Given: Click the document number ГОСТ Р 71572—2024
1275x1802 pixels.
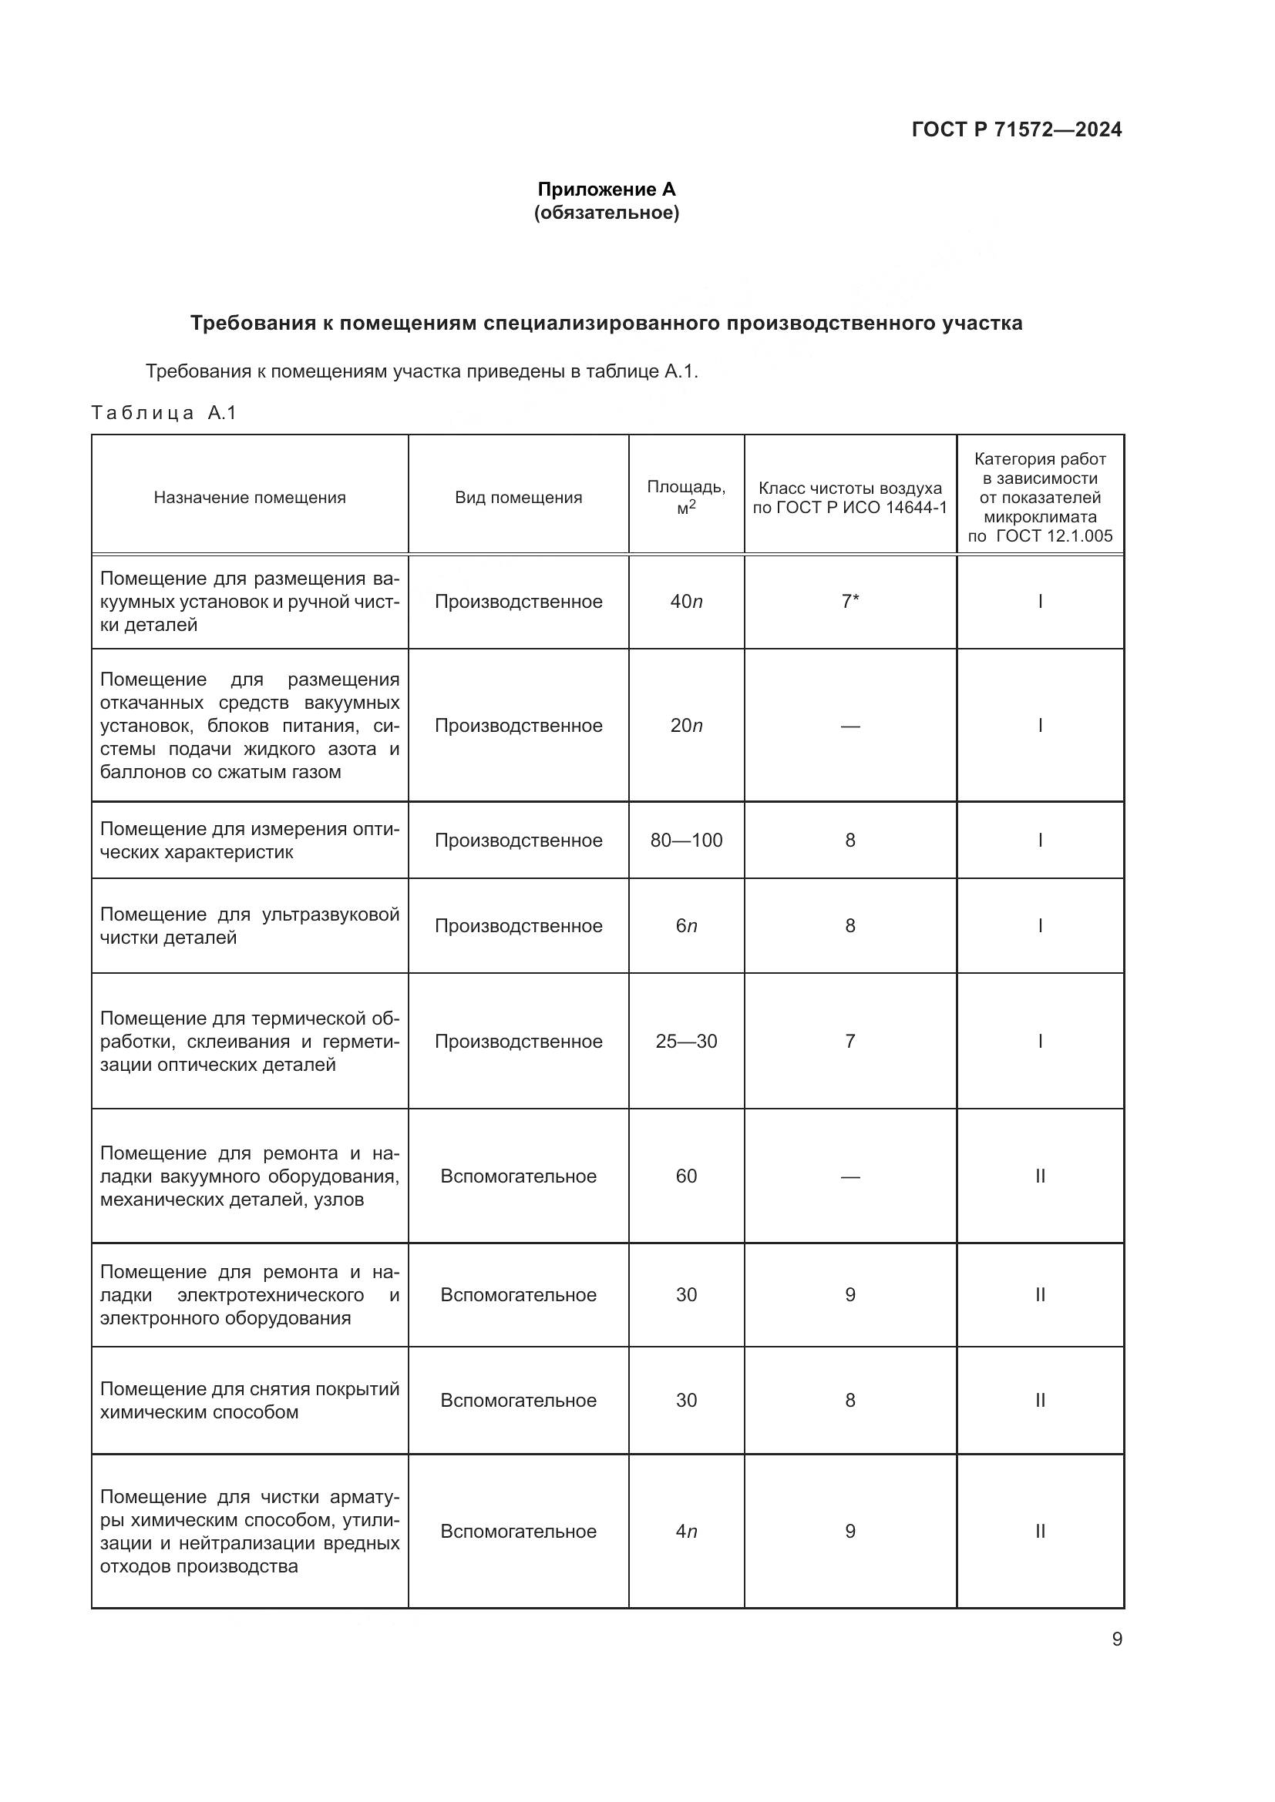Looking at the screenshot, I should [x=1017, y=129].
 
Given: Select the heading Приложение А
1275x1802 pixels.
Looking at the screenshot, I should [x=606, y=190].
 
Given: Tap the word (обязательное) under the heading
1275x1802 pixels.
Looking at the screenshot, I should [x=606, y=213].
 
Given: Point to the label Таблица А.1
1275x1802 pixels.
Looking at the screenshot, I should [x=164, y=413].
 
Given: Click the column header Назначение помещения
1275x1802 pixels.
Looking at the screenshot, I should [x=250, y=498].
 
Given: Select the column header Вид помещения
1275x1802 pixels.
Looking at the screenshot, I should [x=518, y=498].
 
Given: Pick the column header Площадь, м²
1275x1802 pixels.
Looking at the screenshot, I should [x=686, y=497].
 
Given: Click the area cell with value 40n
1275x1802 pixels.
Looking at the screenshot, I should [x=686, y=602].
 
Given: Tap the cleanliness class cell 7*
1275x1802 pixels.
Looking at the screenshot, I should [x=849, y=602].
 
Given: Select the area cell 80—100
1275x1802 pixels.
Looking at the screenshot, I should [x=686, y=841].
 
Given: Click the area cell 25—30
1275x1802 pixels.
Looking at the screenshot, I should [x=686, y=1042].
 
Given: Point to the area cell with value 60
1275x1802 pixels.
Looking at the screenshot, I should [x=686, y=1176].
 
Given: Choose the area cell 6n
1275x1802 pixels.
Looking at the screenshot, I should [x=686, y=926].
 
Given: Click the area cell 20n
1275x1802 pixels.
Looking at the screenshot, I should [x=686, y=726].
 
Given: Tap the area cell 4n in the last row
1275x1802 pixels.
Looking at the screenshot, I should [x=686, y=1532].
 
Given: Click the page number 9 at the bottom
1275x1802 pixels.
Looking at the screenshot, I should [x=1116, y=1639].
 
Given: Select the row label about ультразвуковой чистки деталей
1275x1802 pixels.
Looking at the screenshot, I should [x=250, y=926].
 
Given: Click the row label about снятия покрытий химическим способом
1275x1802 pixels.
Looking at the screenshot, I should [x=250, y=1400].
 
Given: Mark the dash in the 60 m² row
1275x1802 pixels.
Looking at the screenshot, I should [x=849, y=1176].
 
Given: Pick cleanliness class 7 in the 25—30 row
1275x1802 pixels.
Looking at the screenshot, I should [x=849, y=1042].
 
